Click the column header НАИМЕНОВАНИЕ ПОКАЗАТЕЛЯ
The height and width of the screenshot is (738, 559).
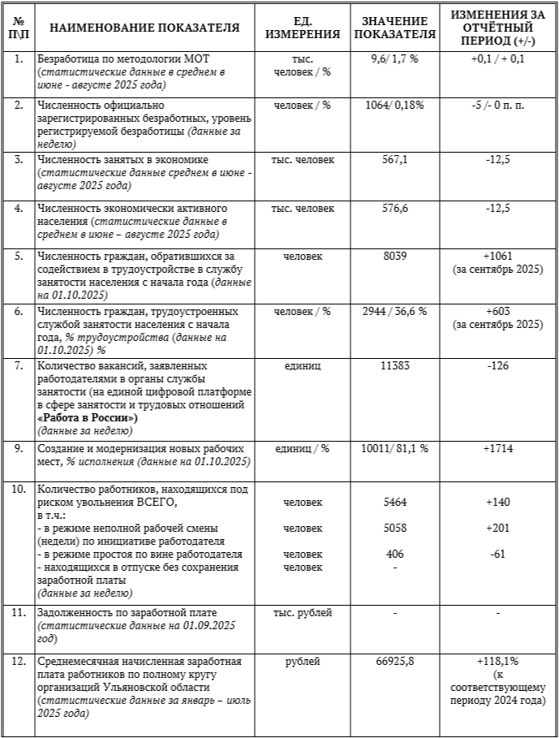[x=144, y=28]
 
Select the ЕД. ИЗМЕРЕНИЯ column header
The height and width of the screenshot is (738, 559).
[x=304, y=28]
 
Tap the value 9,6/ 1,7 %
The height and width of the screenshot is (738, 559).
[x=394, y=60]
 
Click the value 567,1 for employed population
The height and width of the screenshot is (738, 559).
[x=394, y=159]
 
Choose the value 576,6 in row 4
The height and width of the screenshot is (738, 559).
[x=394, y=209]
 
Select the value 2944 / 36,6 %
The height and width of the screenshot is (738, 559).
[x=394, y=312]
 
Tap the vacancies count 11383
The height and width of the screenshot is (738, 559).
[x=394, y=366]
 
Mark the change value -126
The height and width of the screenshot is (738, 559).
[x=497, y=366]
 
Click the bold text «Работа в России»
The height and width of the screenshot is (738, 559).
[x=88, y=418]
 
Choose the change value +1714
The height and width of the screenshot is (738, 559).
[x=497, y=448]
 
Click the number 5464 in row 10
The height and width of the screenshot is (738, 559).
[x=394, y=503]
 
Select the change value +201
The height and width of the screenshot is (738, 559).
[x=497, y=529]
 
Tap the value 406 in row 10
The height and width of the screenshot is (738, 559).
[x=394, y=555]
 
